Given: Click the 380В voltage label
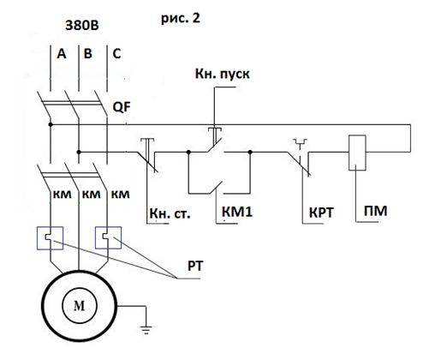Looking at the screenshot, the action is [x=82, y=25].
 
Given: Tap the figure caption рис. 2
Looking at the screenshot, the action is [x=181, y=19].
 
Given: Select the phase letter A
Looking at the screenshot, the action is [x=62, y=54].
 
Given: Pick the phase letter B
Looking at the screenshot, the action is [x=88, y=54].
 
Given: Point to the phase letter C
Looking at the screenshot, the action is [x=116, y=54].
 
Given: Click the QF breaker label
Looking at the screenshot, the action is [x=122, y=107].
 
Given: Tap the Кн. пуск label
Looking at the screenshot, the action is [x=223, y=74].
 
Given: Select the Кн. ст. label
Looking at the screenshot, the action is [x=170, y=213].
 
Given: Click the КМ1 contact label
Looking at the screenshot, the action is [x=237, y=212].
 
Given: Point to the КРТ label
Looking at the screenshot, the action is [x=321, y=213].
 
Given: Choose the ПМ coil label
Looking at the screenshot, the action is [x=375, y=211].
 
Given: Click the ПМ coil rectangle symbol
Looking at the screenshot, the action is [x=357, y=153].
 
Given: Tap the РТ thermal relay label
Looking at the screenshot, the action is [x=195, y=266].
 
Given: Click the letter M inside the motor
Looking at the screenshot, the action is [x=80, y=306].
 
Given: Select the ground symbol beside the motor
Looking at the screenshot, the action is [x=146, y=329].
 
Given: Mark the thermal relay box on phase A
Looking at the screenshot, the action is [x=51, y=238].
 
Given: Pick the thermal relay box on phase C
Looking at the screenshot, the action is [x=108, y=237].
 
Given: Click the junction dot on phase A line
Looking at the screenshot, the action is [x=51, y=124].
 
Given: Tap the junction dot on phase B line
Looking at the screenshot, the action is [x=79, y=152].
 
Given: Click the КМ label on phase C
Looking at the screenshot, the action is [x=120, y=195].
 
